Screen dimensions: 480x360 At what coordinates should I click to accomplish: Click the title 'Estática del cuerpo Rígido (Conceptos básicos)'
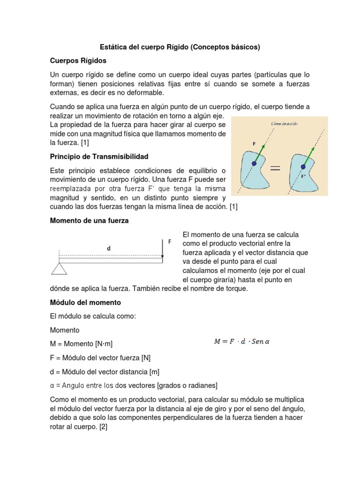180,47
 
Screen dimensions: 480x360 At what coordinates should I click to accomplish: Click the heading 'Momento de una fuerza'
89,221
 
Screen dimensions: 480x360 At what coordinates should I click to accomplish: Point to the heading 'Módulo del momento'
85,302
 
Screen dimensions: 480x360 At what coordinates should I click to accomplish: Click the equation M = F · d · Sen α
242,342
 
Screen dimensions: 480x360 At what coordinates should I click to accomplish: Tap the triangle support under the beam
59,268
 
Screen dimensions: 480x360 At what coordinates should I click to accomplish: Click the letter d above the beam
108,248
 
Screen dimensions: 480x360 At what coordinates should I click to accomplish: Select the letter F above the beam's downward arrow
170,242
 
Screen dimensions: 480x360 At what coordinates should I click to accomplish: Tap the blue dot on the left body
254,163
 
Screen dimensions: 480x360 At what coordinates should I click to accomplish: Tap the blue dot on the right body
303,166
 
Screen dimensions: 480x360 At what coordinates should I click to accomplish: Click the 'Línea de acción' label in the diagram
285,124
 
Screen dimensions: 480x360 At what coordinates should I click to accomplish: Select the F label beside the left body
255,144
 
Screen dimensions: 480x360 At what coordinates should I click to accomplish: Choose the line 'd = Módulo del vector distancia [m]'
105,372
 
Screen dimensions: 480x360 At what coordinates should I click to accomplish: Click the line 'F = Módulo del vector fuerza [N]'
100,358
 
